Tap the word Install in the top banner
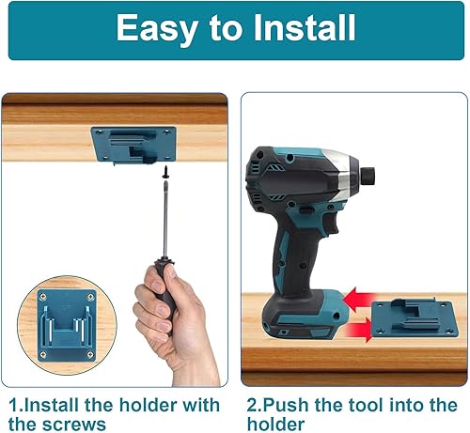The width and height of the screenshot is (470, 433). tap(305, 27)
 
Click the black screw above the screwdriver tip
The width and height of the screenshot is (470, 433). tap(165, 172)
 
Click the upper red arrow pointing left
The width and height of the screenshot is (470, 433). tap(359, 299)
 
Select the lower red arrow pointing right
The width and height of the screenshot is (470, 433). tap(357, 330)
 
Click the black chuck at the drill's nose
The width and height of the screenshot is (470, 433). tap(368, 176)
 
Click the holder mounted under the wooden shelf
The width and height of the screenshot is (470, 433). tap(133, 145)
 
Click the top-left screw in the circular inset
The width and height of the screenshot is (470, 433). tap(43, 297)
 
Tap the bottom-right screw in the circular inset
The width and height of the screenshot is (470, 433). tap(90, 354)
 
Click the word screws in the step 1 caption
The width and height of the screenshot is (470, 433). tap(74, 425)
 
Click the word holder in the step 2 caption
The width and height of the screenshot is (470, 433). tap(275, 424)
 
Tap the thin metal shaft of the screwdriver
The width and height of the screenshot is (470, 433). tap(165, 219)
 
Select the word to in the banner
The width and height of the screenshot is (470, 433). tap(226, 28)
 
